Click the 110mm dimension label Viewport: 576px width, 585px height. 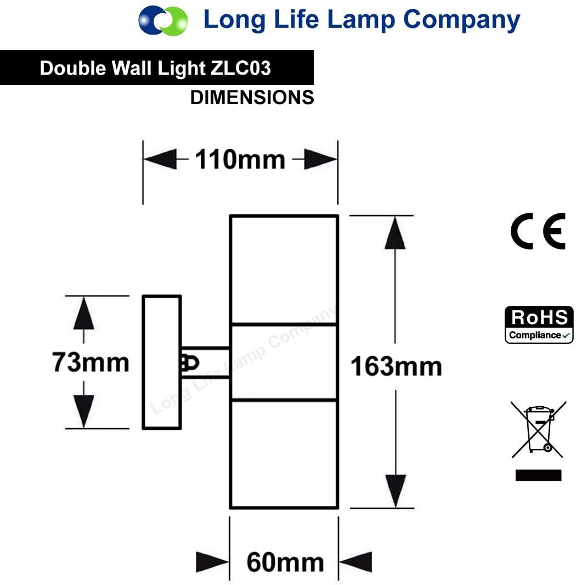240,160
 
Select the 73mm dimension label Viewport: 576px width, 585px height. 91,362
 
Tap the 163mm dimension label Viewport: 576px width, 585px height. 396,366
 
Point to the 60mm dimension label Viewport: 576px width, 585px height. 285,562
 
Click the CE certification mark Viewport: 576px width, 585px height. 538,231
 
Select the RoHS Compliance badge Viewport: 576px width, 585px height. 539,325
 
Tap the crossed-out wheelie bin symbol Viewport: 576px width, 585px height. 538,429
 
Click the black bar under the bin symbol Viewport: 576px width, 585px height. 538,475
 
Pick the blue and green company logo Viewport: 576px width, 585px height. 163,20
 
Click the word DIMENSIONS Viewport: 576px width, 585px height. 252,98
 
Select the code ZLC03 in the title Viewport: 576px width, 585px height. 241,69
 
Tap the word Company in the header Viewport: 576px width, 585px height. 461,20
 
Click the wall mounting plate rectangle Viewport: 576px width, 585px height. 162,362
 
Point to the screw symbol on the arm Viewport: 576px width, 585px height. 190,363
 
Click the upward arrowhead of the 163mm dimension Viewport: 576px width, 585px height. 395,233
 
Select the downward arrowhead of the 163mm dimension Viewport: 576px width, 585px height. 396,491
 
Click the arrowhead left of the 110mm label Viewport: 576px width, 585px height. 160,160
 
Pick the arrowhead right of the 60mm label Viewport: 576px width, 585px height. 355,561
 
